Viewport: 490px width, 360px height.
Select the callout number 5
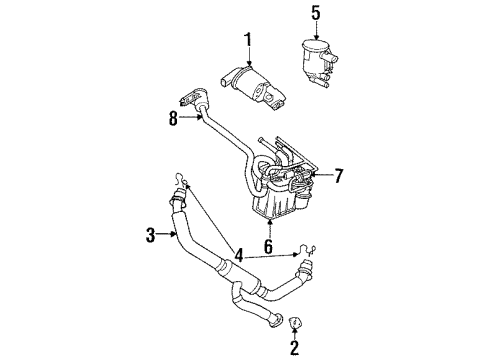pyautogui.click(x=316, y=13)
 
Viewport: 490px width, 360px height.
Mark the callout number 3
pyautogui.click(x=151, y=235)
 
